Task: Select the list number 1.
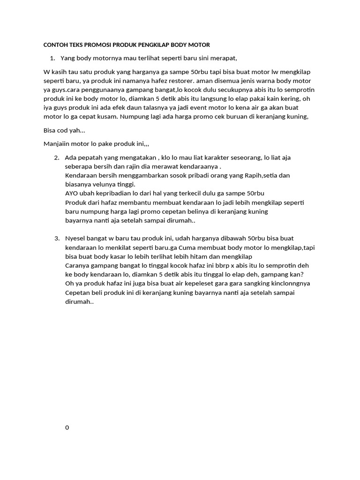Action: tap(52, 58)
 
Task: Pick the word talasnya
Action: tap(155, 108)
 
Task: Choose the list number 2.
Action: tap(56, 157)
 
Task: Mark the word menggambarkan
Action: tap(128, 175)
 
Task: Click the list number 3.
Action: tap(56, 238)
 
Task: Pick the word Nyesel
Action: tap(75, 238)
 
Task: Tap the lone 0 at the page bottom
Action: tap(67, 427)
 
